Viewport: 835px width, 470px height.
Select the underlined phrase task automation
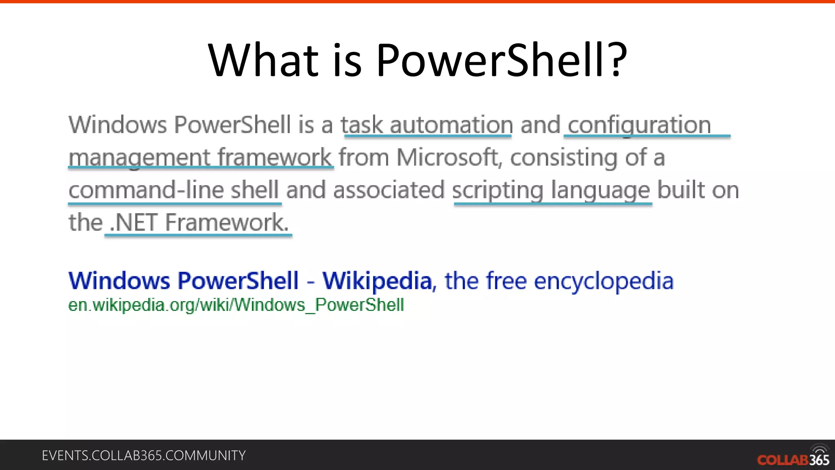pyautogui.click(x=426, y=125)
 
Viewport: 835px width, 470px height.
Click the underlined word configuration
pyautogui.click(x=639, y=125)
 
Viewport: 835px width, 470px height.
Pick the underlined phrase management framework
pyautogui.click(x=200, y=158)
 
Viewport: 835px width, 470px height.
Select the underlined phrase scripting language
pyautogui.click(x=551, y=191)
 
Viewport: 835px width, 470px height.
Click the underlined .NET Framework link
pyautogui.click(x=199, y=223)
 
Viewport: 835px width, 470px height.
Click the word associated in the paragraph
pyautogui.click(x=389, y=190)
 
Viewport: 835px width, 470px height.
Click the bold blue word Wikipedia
pyautogui.click(x=377, y=281)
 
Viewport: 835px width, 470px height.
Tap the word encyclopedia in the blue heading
pyautogui.click(x=603, y=282)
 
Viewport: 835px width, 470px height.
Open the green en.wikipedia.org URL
pyautogui.click(x=236, y=305)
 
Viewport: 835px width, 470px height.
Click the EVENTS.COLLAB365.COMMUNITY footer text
pyautogui.click(x=144, y=456)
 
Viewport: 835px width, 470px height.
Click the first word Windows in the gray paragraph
pyautogui.click(x=117, y=125)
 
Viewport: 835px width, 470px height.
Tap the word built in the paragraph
pyautogui.click(x=681, y=190)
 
